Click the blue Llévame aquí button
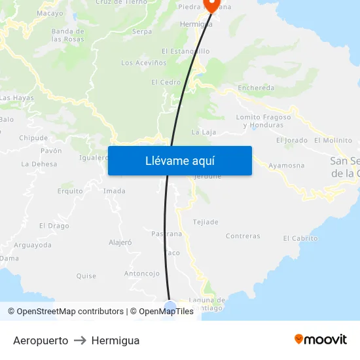click(x=180, y=160)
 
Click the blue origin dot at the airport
click(x=170, y=306)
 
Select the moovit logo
click(x=320, y=339)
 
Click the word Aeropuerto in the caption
click(x=41, y=340)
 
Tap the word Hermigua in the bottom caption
click(x=115, y=340)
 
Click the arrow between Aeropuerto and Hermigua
click(x=80, y=340)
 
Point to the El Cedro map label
click(x=166, y=82)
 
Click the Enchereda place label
click(x=257, y=88)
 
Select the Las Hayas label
click(x=16, y=98)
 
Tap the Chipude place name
click(x=33, y=138)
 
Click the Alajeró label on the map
click(x=120, y=242)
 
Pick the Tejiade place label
click(x=206, y=223)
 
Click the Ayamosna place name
click(x=286, y=166)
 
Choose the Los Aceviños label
click(x=144, y=63)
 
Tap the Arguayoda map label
click(x=33, y=245)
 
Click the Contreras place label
click(x=242, y=236)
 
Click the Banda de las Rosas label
click(x=68, y=35)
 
